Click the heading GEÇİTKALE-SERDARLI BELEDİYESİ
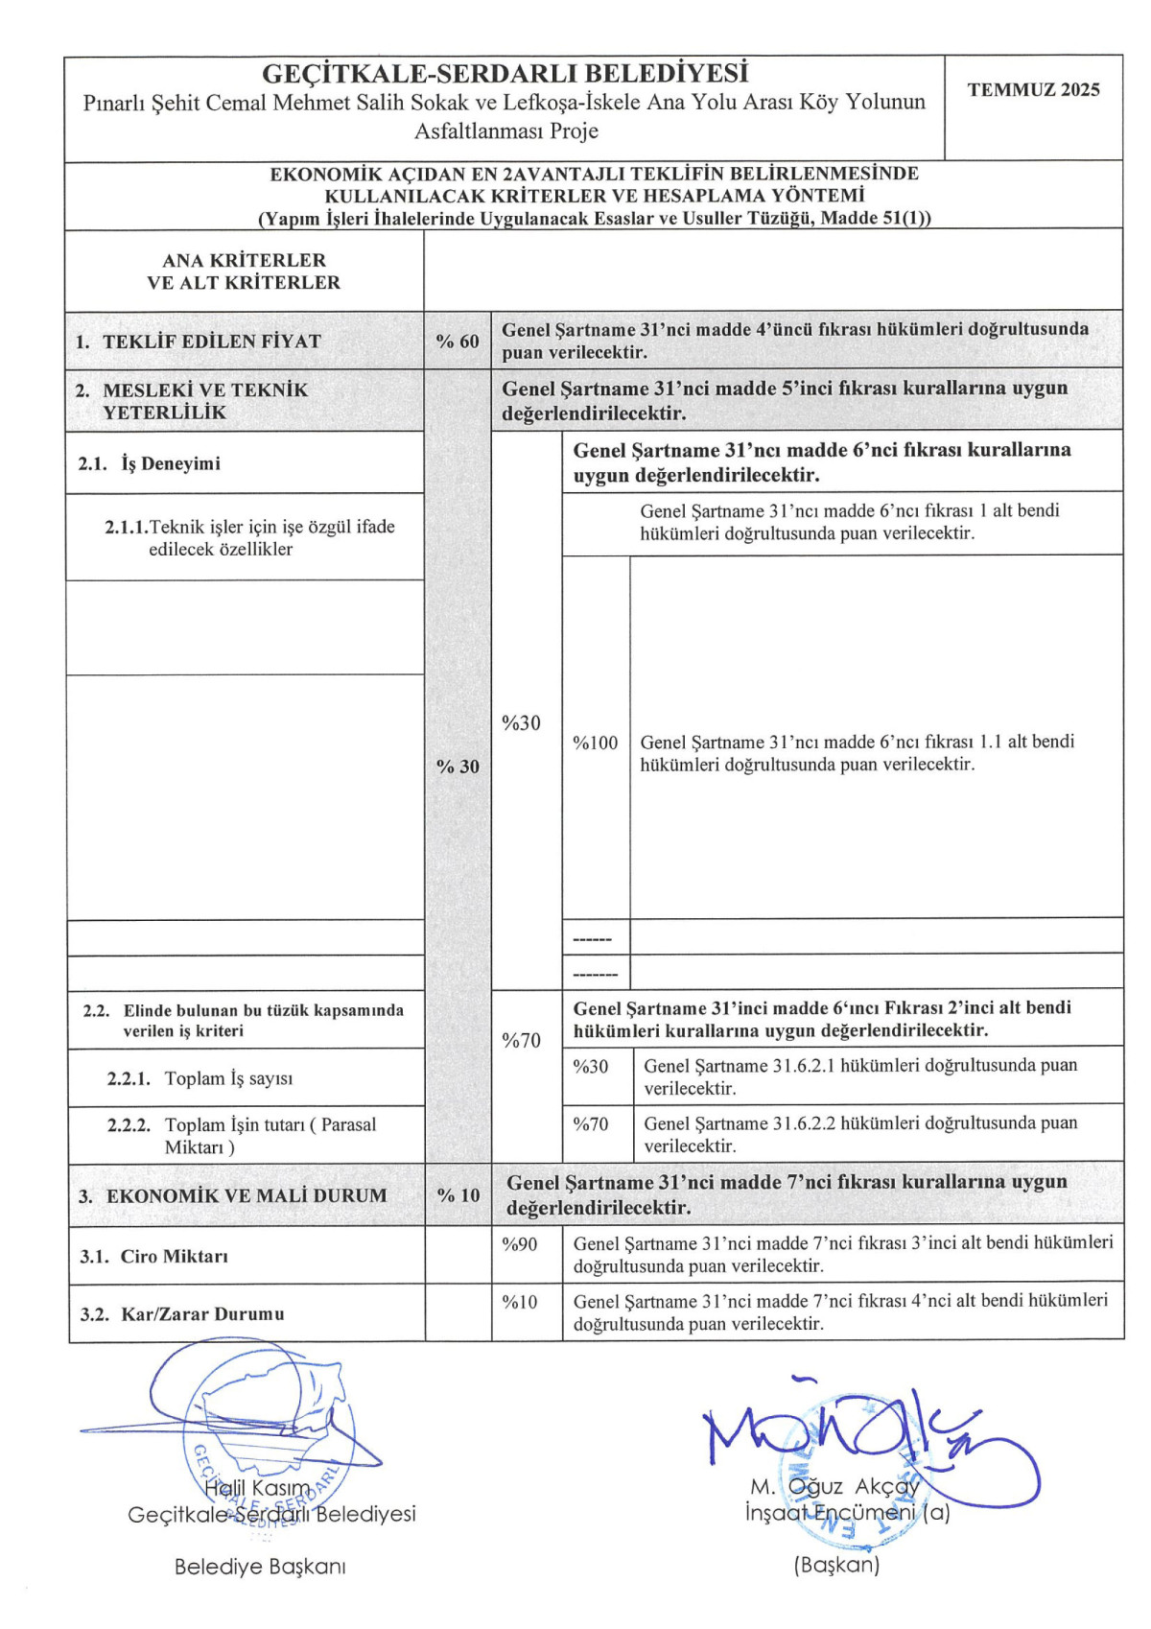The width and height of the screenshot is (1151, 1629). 505,74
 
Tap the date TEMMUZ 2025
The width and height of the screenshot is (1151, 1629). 1033,90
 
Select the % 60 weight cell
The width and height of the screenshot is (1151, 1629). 457,342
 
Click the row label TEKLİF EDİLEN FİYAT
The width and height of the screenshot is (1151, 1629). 211,342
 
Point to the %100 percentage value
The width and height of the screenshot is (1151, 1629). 595,743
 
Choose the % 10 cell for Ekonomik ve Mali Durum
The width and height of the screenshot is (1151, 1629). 458,1195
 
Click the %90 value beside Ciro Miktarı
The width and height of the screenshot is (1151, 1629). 519,1244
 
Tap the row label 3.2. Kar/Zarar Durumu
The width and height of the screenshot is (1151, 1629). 182,1314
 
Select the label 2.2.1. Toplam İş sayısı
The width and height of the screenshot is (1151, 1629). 200,1078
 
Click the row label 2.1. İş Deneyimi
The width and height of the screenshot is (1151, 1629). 149,463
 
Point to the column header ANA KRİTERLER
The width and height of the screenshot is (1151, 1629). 244,260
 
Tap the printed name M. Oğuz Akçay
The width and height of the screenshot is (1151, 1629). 834,1487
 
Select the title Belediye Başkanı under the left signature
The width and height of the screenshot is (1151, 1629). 260,1567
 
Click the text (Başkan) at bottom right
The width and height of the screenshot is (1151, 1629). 836,1565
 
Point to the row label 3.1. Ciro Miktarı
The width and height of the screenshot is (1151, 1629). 153,1257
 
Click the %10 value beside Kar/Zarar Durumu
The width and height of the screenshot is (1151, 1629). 519,1302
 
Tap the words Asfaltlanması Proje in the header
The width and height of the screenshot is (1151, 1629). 505,131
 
